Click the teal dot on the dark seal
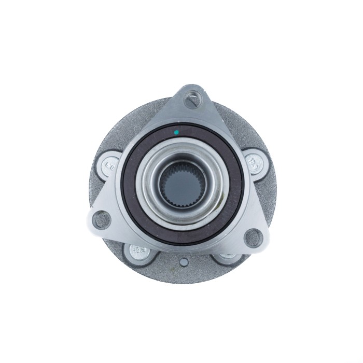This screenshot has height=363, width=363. pos(176,132)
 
